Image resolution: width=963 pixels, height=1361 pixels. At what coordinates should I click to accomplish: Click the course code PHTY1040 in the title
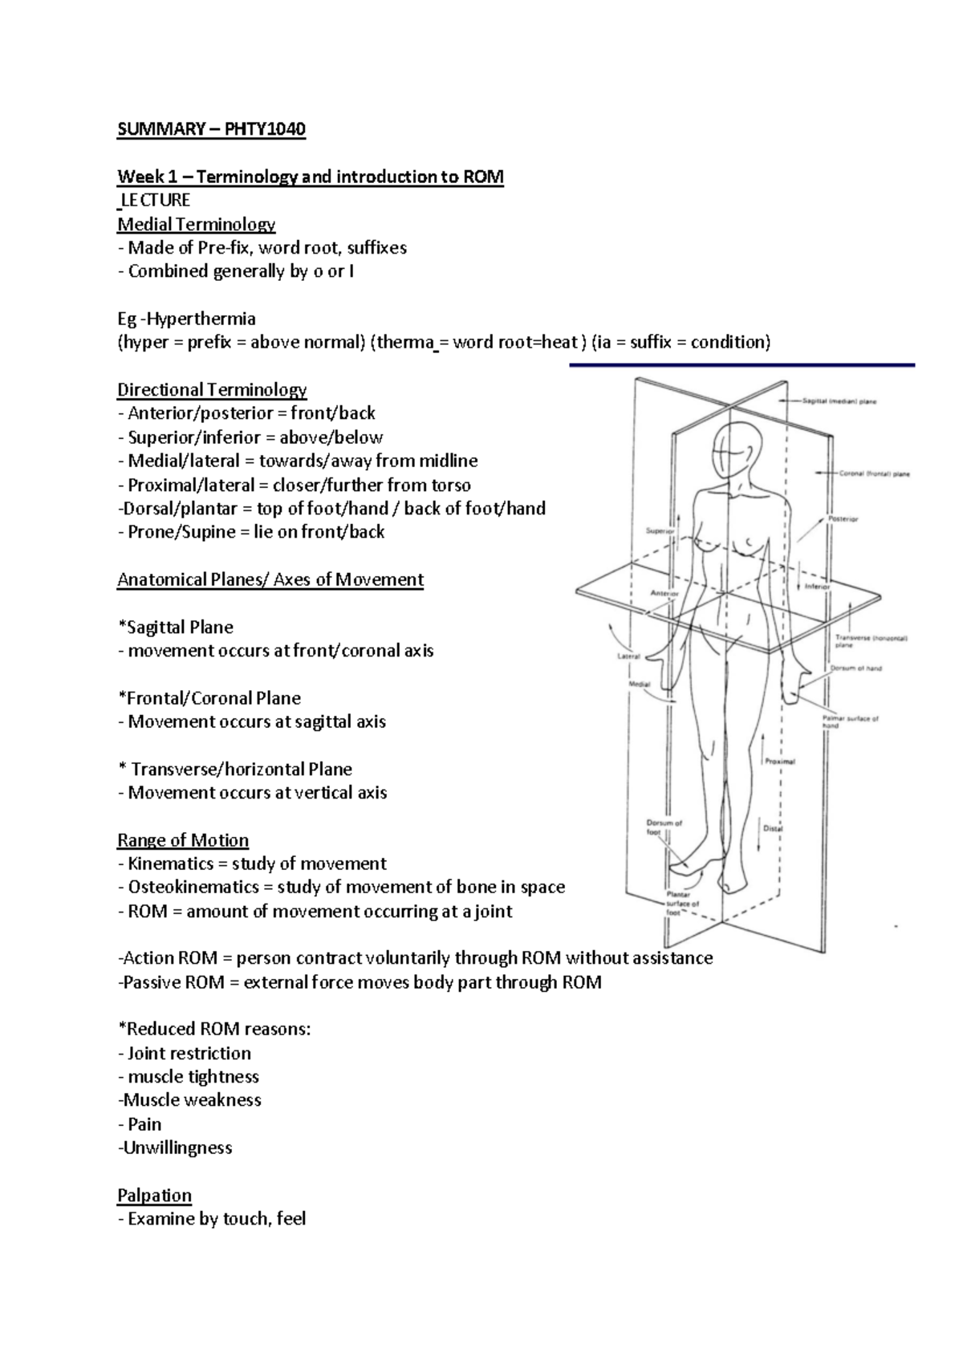(x=265, y=129)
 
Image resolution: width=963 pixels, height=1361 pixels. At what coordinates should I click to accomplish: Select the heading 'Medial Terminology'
(x=196, y=224)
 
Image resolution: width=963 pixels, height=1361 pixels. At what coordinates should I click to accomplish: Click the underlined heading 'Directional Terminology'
(x=212, y=390)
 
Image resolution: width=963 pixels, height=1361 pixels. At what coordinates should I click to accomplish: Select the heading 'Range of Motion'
(x=183, y=840)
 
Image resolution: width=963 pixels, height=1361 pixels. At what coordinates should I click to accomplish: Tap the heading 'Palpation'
(x=154, y=1196)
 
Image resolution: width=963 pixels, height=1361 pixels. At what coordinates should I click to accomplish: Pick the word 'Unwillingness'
(x=177, y=1148)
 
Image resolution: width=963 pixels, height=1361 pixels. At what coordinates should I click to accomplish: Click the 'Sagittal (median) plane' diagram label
(x=839, y=401)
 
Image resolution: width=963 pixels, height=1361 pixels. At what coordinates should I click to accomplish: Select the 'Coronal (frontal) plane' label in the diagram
(x=874, y=473)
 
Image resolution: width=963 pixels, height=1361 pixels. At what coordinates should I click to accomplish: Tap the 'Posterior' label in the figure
(x=843, y=519)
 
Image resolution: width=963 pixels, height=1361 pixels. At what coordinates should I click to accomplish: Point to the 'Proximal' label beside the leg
(x=779, y=761)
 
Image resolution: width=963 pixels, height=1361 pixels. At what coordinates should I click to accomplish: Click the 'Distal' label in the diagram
(x=773, y=828)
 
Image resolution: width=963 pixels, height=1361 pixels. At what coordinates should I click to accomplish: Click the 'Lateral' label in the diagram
(x=628, y=656)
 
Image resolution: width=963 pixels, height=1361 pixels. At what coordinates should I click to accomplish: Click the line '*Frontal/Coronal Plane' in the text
(x=209, y=698)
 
